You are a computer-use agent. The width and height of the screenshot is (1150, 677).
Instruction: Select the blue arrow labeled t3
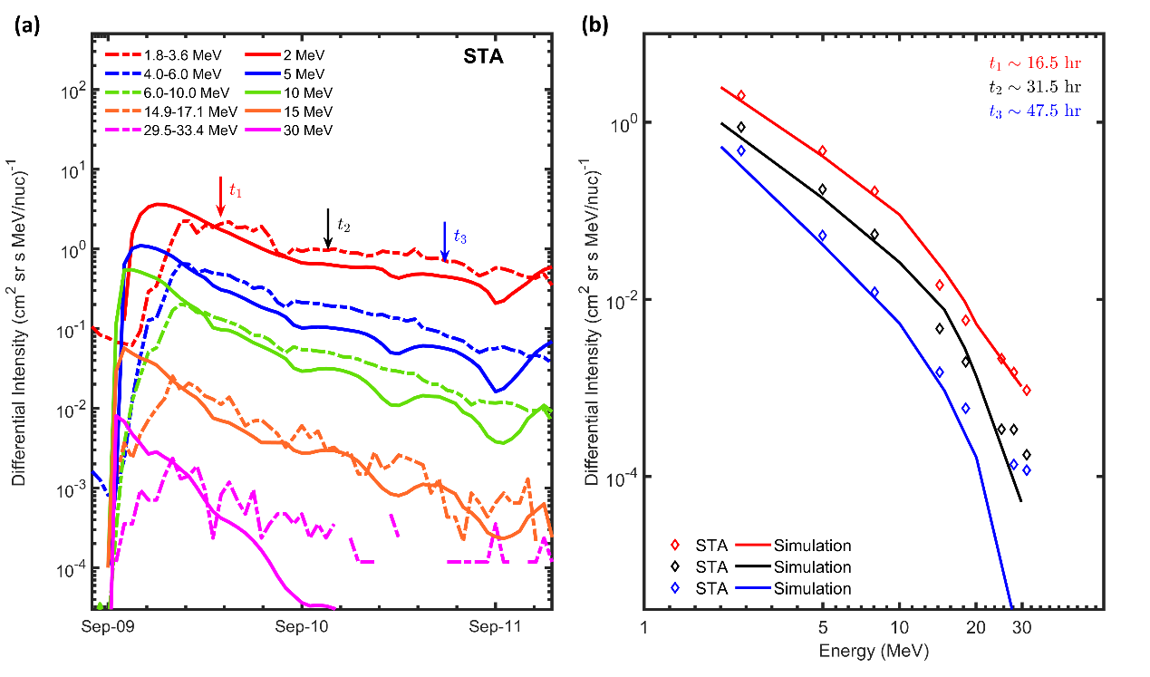coord(444,240)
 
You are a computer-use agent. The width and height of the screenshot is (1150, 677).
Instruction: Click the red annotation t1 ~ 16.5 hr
coord(1034,63)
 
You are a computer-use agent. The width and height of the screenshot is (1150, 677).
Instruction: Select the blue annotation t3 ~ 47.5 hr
coord(1034,111)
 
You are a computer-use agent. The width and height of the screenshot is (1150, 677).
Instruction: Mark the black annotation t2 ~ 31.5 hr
coord(1034,87)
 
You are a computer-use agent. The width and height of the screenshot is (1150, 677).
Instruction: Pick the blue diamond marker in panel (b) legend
coord(674,588)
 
